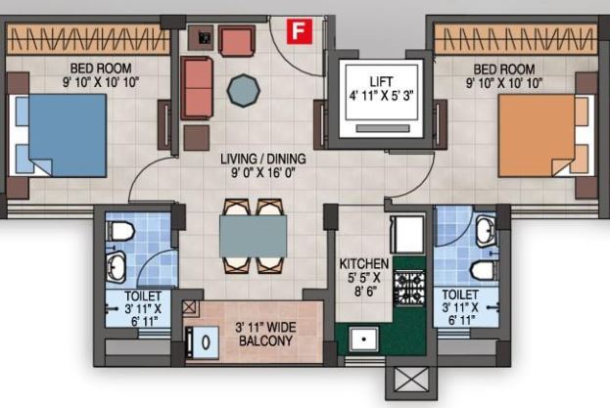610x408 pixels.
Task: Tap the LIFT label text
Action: [382, 81]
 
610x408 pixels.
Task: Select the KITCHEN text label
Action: [364, 264]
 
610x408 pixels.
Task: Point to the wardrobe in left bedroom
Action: [86, 39]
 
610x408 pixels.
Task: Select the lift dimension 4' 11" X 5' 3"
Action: [382, 96]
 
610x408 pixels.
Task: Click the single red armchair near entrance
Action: [236, 41]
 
